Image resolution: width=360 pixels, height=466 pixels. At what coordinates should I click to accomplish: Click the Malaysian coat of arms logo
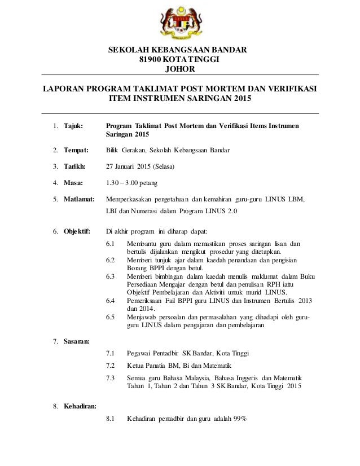tap(181, 23)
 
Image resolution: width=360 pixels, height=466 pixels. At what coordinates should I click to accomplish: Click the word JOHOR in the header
tap(180, 69)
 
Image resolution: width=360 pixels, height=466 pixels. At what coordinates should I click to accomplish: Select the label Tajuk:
tap(73, 125)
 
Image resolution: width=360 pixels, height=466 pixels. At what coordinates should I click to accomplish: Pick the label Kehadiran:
tap(80, 406)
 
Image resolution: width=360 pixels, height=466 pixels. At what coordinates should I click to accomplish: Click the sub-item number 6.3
tap(111, 276)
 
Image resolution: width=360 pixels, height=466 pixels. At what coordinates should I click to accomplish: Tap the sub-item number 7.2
tap(111, 365)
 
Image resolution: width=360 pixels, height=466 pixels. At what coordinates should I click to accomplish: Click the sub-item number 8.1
tap(111, 419)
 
